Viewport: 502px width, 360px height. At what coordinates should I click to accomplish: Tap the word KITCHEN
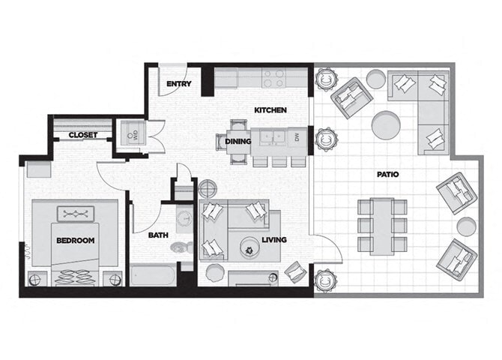[x=270, y=110]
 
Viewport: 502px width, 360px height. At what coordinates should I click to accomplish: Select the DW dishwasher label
[x=297, y=137]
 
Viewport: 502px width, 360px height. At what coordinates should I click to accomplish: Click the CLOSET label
[x=83, y=135]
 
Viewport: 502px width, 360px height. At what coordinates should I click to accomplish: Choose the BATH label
[x=158, y=235]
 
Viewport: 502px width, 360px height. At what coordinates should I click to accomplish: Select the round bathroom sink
[x=184, y=219]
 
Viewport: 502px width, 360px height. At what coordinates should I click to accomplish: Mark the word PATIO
[x=387, y=175]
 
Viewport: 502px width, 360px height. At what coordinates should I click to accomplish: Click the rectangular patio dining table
[x=382, y=224]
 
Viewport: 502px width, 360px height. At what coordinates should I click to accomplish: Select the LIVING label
[x=273, y=240]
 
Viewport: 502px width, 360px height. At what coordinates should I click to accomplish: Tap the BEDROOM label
[x=75, y=240]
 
